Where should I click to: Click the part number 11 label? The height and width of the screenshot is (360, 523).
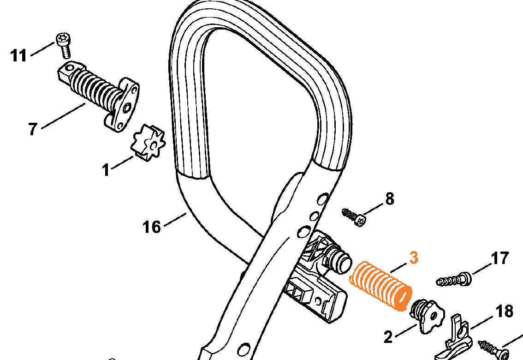pyautogui.click(x=18, y=55)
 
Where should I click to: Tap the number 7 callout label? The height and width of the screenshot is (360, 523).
pyautogui.click(x=32, y=129)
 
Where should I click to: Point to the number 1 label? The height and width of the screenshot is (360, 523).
pyautogui.click(x=106, y=169)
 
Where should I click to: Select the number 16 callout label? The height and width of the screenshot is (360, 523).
pyautogui.click(x=152, y=227)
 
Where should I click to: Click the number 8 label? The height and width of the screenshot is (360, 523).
pyautogui.click(x=390, y=199)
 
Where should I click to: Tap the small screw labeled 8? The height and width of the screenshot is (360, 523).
pyautogui.click(x=354, y=216)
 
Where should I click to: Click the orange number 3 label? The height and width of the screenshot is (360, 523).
pyautogui.click(x=414, y=258)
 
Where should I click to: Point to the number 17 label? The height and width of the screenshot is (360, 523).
pyautogui.click(x=500, y=258)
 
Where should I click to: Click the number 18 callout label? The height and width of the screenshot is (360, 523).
pyautogui.click(x=505, y=311)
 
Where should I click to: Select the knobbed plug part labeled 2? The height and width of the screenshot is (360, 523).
pyautogui.click(x=427, y=315)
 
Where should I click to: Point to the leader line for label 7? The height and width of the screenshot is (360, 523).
pyautogui.click(x=63, y=115)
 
